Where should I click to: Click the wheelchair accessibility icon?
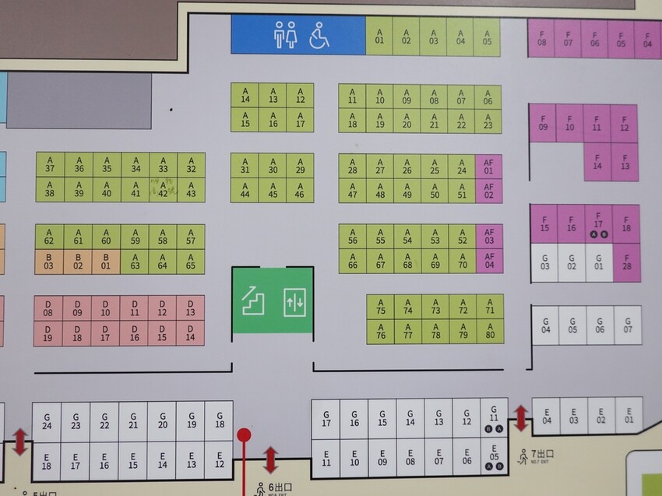coord(319,35)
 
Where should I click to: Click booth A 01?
coord(380,37)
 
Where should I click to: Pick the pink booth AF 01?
coord(488,166)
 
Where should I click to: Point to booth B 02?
coord(78,262)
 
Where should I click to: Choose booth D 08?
coord(48,308)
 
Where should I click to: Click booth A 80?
coord(490,331)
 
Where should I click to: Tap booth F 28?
coord(625,262)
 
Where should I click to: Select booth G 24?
coord(47,420)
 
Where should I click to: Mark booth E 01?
coord(629,416)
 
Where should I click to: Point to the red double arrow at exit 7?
coord(520,418)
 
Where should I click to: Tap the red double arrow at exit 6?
coord(270,459)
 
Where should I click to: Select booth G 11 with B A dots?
coord(493,417)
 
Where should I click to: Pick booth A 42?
coord(163,189)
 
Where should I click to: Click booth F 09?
coord(543,123)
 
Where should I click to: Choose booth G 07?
coord(628,325)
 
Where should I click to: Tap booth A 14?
coord(245,95)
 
